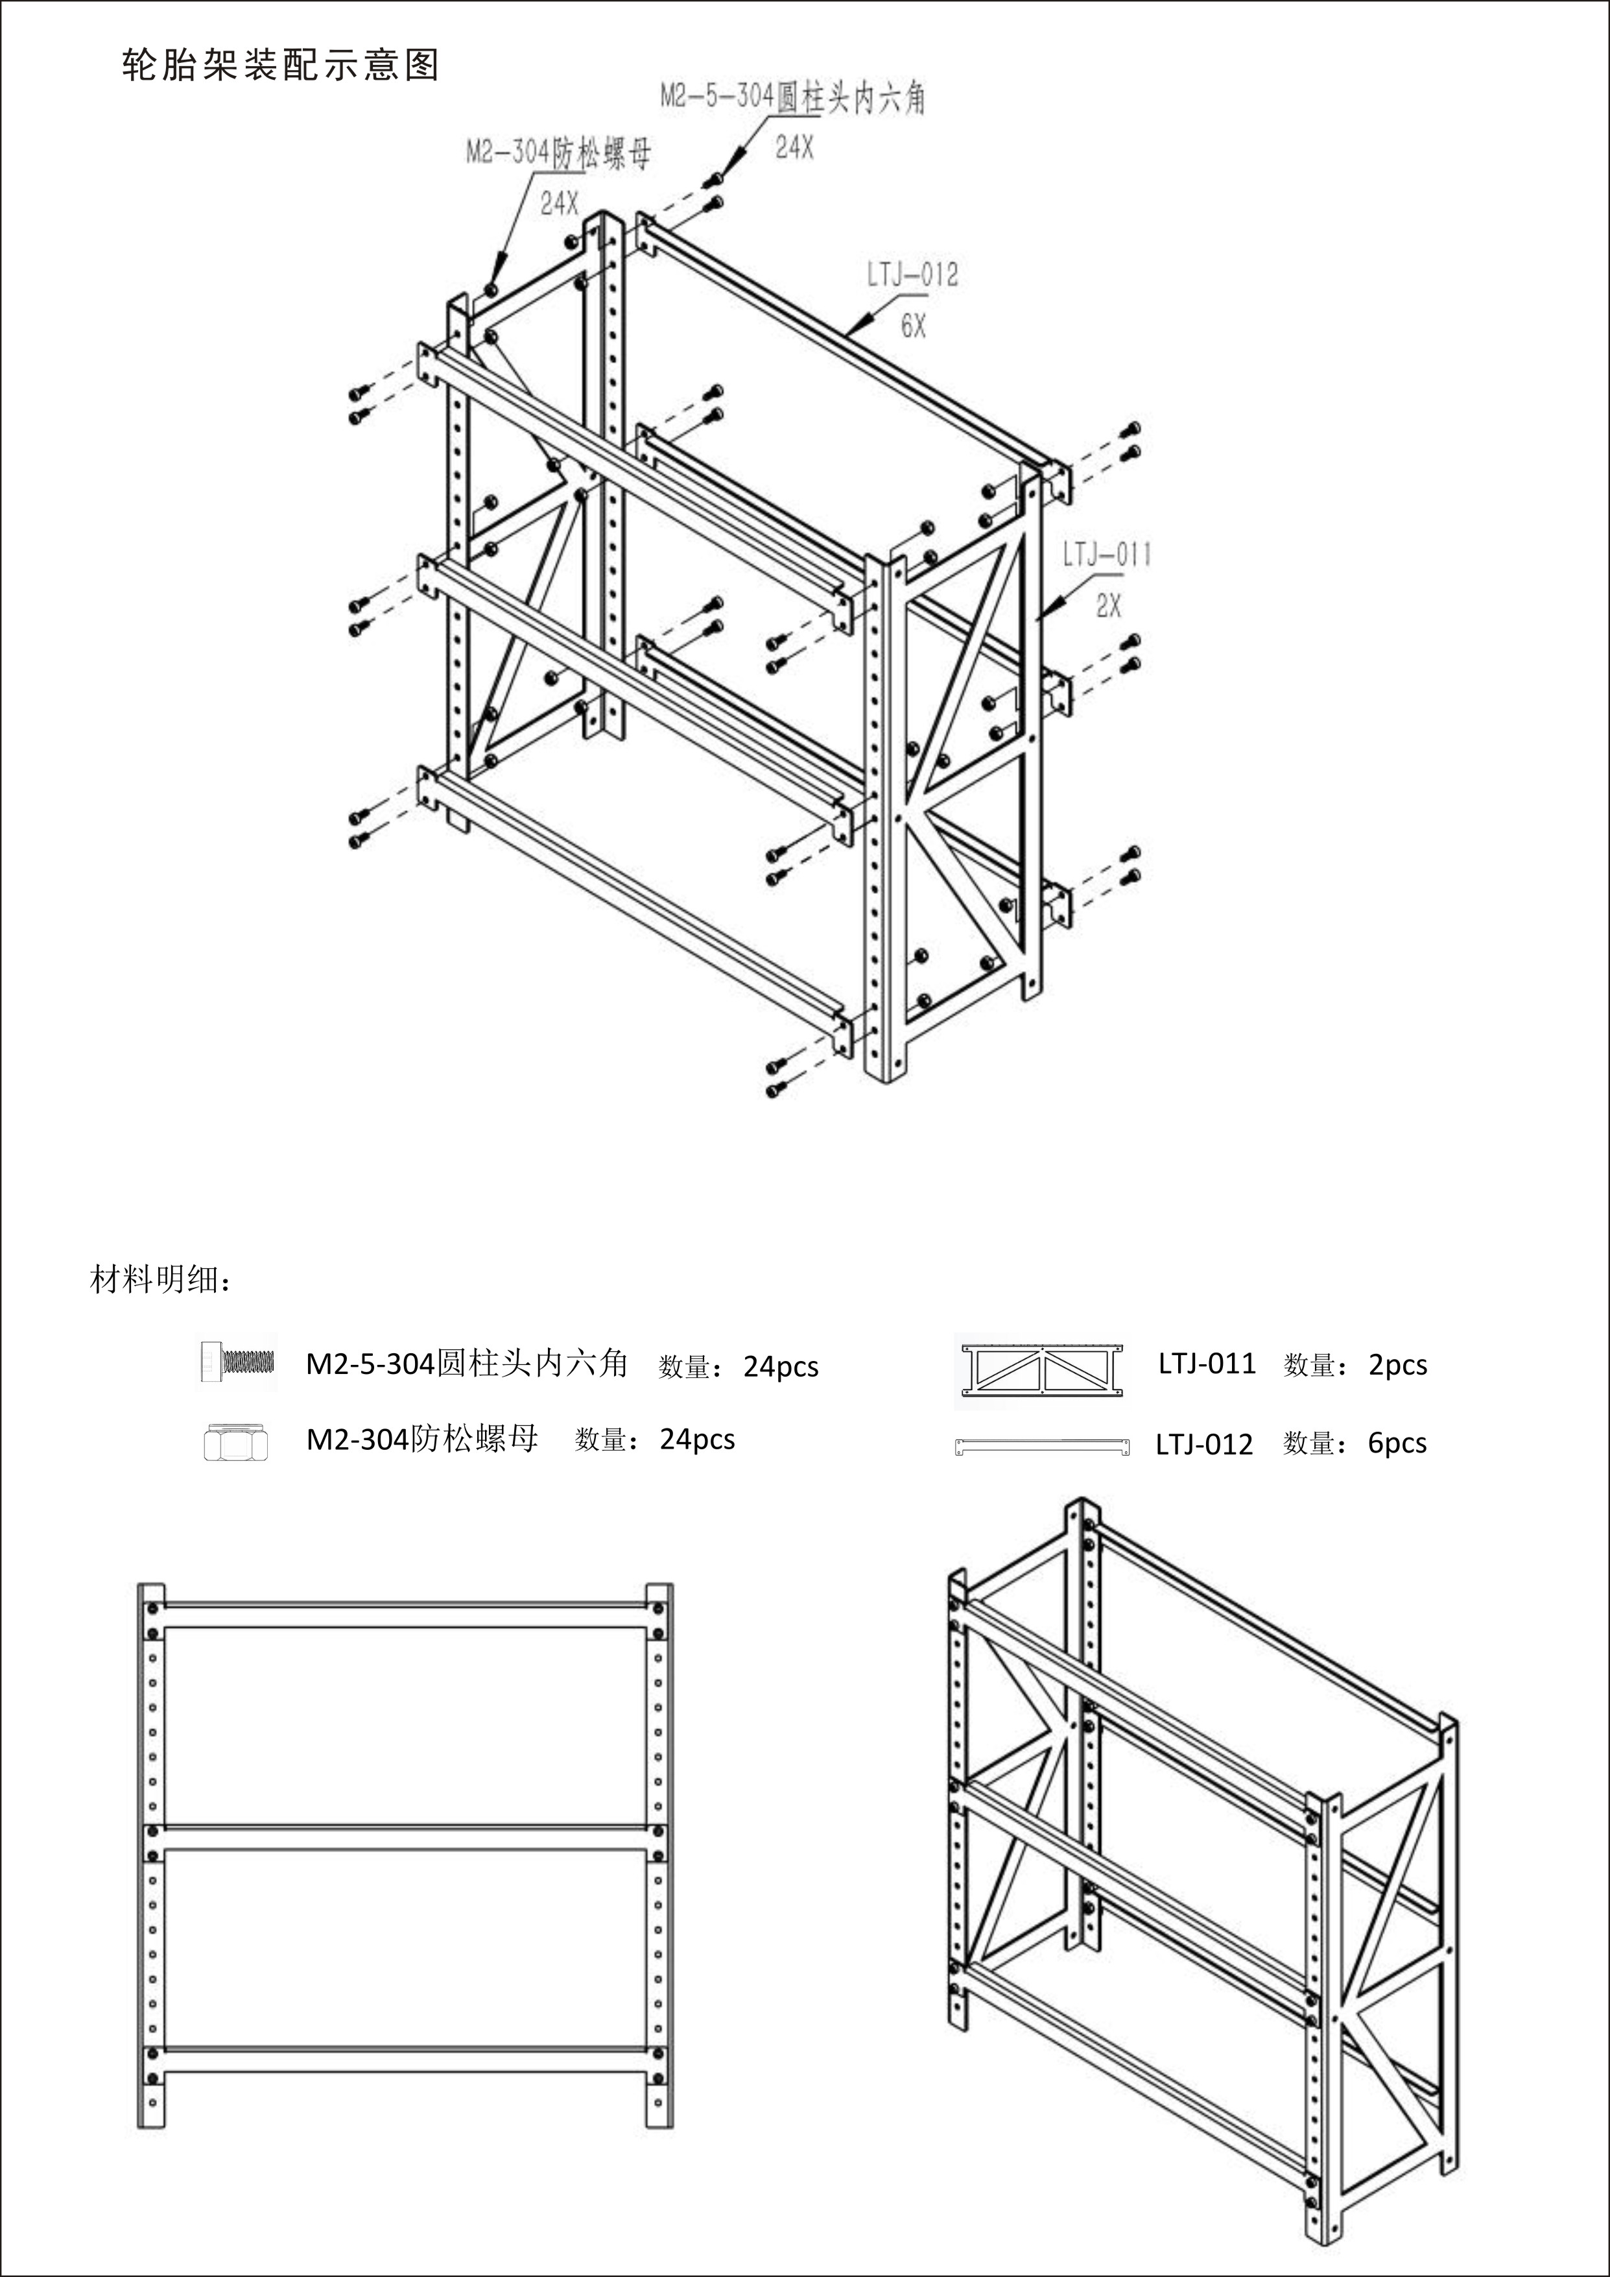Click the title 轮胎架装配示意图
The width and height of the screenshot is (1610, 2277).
point(279,66)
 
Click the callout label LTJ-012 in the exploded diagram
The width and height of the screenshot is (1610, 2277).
point(912,274)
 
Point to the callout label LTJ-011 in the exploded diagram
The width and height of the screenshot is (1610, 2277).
point(1106,555)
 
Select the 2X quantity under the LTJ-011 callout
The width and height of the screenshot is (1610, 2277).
point(1108,606)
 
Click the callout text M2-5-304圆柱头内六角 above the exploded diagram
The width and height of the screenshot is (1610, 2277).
point(792,97)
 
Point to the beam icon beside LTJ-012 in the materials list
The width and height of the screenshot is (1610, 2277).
point(1041,1446)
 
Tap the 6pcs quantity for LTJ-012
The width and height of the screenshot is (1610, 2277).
point(1397,1444)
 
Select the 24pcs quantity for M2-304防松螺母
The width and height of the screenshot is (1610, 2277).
point(697,1440)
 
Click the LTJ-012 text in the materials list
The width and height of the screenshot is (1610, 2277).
point(1203,1445)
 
